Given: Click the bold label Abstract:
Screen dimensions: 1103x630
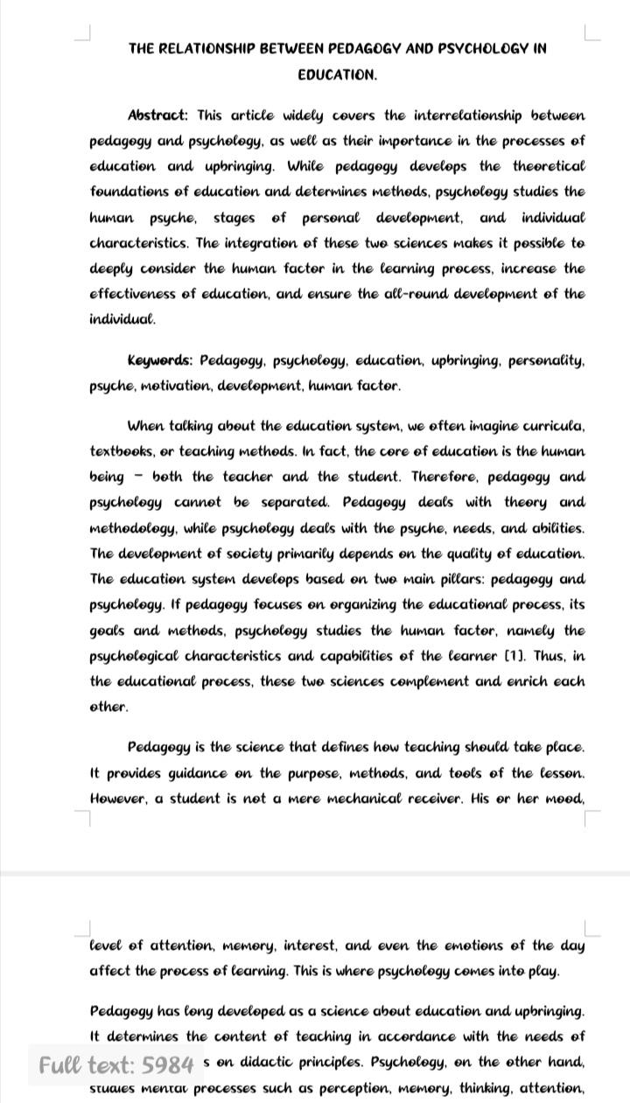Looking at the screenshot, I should coord(157,115).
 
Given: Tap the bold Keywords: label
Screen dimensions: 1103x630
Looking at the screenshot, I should coord(160,360).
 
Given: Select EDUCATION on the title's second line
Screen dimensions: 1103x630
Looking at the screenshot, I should coord(337,74).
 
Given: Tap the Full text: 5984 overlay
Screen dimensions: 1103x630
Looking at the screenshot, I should coord(115,1065).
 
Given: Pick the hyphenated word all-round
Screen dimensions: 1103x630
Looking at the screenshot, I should coord(393,294).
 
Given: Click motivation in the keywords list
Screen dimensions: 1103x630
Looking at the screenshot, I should coord(160,386).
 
